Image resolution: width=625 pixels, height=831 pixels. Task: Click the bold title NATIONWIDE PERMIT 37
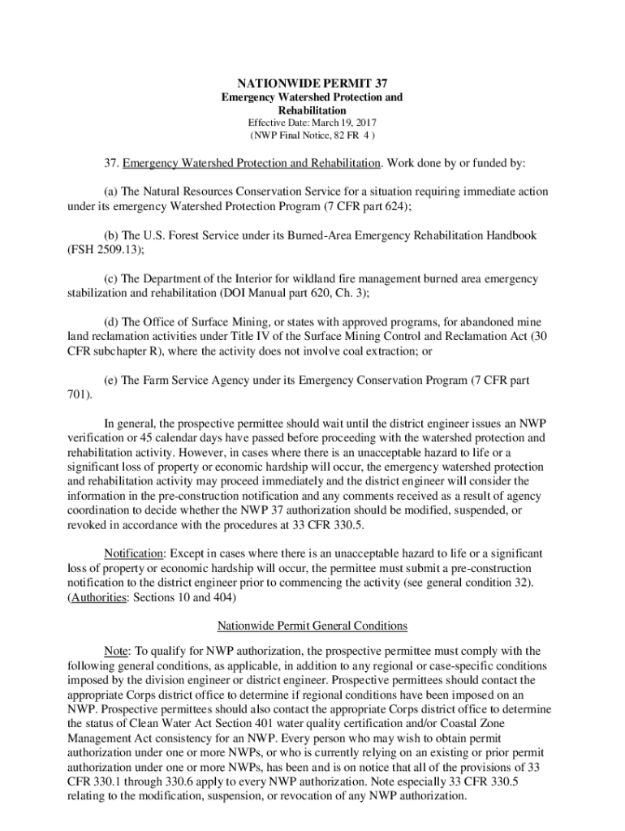312,84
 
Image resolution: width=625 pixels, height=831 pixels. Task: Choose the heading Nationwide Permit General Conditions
312,626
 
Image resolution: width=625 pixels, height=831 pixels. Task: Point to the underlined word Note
118,651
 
